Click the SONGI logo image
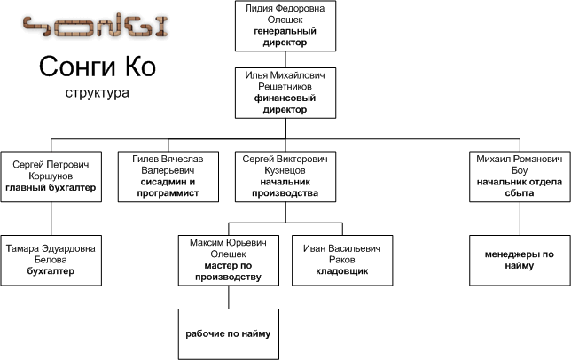pyautogui.click(x=96, y=26)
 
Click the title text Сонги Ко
pyautogui.click(x=98, y=67)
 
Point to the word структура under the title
pyautogui.click(x=98, y=93)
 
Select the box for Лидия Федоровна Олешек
pyautogui.click(x=285, y=26)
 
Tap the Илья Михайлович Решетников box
pyautogui.click(x=285, y=93)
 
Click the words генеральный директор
pyautogui.click(x=285, y=36)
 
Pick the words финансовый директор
pyautogui.click(x=285, y=104)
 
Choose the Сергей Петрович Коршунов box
pyautogui.click(x=51, y=176)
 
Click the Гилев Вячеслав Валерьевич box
pyautogui.click(x=168, y=176)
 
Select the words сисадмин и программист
pyautogui.click(x=168, y=187)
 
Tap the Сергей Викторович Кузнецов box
pyautogui.click(x=285, y=176)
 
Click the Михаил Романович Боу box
pyautogui.click(x=520, y=176)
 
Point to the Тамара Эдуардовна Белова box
pyautogui.click(x=51, y=261)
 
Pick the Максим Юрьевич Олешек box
pyautogui.click(x=229, y=261)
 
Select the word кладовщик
pyautogui.click(x=342, y=271)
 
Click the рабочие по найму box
pyautogui.click(x=229, y=334)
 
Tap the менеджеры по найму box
pyautogui.click(x=520, y=261)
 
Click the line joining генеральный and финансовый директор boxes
pyautogui.click(x=285, y=59)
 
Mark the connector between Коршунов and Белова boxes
pyautogui.click(x=51, y=218)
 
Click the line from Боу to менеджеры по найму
pyautogui.click(x=520, y=218)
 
